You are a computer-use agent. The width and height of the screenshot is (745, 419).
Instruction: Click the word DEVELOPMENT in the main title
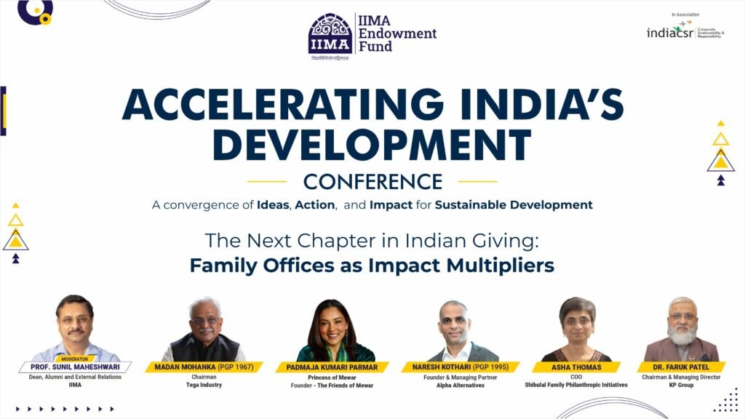371,146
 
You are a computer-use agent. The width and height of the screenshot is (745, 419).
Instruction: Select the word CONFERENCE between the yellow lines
372,181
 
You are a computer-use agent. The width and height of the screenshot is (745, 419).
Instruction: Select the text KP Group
682,386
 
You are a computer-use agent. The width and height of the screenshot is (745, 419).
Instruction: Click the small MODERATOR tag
75,359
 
